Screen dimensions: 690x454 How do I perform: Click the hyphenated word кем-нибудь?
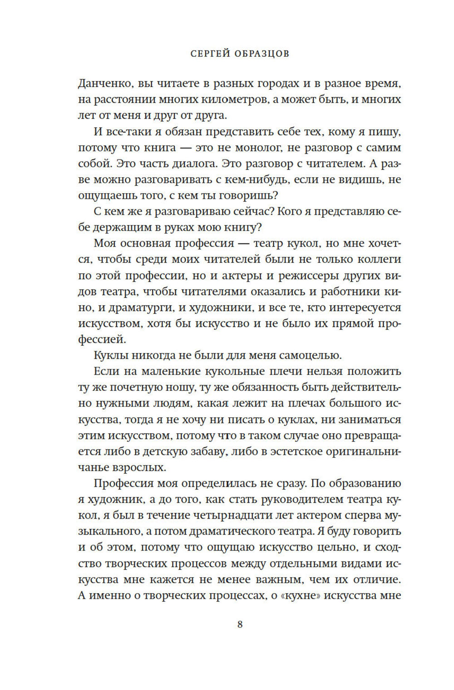point(256,180)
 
